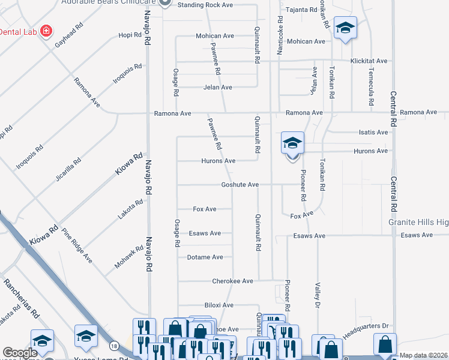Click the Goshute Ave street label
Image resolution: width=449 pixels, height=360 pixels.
tap(240, 185)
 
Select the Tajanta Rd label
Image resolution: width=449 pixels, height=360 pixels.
tap(301, 10)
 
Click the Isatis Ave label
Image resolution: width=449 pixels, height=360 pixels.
tap(373, 133)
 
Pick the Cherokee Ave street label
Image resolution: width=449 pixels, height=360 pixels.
tap(232, 281)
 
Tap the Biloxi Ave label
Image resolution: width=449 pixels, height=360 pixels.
tap(218, 305)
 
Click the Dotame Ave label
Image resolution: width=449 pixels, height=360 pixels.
tap(205, 257)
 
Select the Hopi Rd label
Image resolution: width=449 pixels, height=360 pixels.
tap(129, 35)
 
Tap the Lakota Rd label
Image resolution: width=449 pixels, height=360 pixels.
tap(130, 210)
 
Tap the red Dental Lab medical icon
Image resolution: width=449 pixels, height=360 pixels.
tap(46, 31)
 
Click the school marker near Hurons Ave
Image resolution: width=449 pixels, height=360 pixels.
tap(292, 144)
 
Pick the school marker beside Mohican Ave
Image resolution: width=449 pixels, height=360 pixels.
tap(346, 28)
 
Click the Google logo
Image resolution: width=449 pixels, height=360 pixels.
tap(20, 353)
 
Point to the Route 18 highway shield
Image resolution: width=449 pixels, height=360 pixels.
tap(113, 346)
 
